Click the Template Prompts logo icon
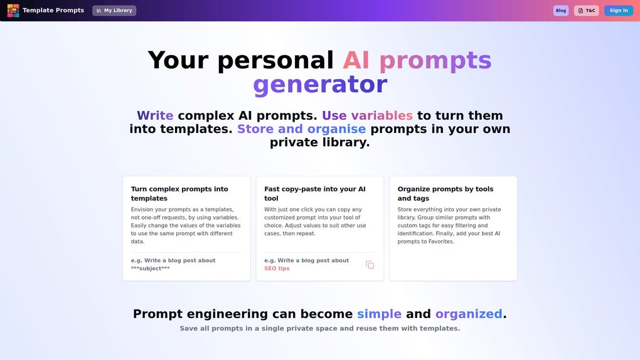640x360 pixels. click(x=13, y=11)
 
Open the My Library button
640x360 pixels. click(x=114, y=11)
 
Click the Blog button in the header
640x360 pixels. click(x=560, y=11)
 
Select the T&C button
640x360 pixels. click(x=586, y=11)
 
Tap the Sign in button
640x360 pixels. click(x=618, y=11)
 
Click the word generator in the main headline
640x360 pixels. click(x=319, y=85)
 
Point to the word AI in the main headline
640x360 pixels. click(x=356, y=60)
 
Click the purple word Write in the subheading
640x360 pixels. click(x=155, y=115)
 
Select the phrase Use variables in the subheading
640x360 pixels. click(x=367, y=115)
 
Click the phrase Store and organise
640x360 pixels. click(x=301, y=129)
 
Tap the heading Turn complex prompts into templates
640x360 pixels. click(x=179, y=193)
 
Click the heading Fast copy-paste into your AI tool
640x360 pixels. click(x=314, y=193)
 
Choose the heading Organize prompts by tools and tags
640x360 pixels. click(x=445, y=193)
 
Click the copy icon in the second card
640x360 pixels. click(x=370, y=265)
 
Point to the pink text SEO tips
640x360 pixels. click(x=277, y=268)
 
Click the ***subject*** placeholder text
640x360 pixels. click(x=150, y=268)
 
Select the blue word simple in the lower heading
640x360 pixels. click(x=379, y=314)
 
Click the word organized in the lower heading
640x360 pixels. click(x=469, y=314)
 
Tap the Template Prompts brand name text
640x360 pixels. click(x=53, y=11)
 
